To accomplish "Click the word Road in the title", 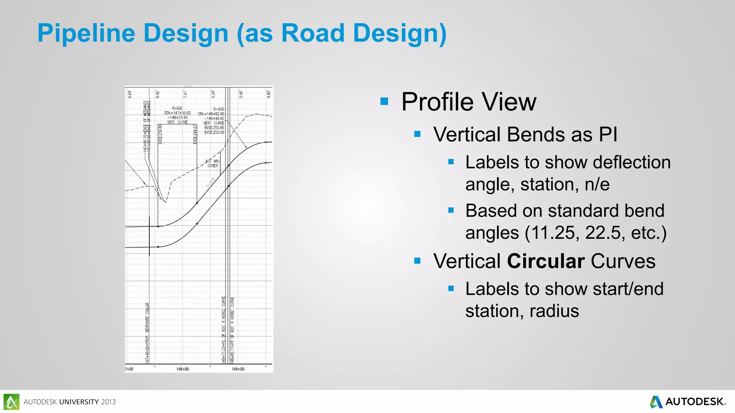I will click(x=314, y=33).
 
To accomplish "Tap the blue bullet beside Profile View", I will click(x=384, y=101).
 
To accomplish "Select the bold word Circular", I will click(x=546, y=261).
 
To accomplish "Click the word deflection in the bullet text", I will click(x=632, y=162).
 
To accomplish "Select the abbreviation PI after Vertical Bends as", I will click(x=608, y=135).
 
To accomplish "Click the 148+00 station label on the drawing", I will click(x=182, y=369).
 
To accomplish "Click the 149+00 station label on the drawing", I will click(x=238, y=369).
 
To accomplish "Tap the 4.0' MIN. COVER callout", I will click(x=212, y=163).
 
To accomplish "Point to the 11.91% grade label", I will click(x=211, y=182).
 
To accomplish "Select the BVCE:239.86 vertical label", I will click(x=160, y=134).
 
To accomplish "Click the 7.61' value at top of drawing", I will click(x=186, y=94).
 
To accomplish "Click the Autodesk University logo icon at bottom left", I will click(x=11, y=402).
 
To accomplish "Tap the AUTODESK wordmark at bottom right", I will click(x=694, y=402).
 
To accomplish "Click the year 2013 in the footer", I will click(x=108, y=402).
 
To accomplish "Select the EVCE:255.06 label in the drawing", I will click(x=214, y=132).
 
